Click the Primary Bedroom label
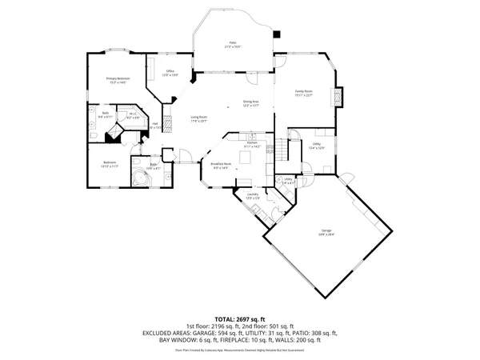coord(118,79)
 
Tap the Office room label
coord(170,73)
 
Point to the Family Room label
coord(303,94)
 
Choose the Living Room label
coord(198,118)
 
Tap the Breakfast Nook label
coord(219,166)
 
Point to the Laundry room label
coord(251,195)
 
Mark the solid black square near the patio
coord(278,34)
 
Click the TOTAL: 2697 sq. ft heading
coord(240,318)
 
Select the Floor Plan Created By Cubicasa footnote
coord(240,350)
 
